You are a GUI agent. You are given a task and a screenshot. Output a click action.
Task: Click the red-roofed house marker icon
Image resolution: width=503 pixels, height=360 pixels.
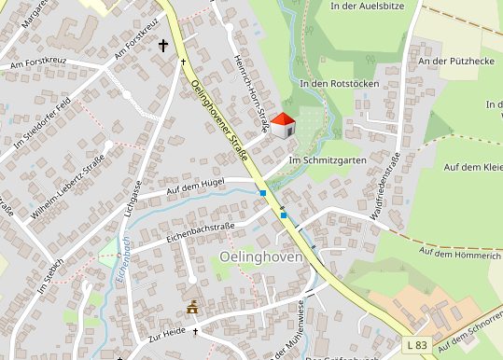(x=283, y=127)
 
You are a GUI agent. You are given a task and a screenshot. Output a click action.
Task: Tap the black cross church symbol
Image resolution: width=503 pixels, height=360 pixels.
(x=164, y=45)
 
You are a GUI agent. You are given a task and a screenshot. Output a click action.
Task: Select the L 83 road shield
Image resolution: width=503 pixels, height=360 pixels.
(x=417, y=345)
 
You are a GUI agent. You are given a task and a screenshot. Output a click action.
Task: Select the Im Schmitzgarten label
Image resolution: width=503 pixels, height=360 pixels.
(x=326, y=159)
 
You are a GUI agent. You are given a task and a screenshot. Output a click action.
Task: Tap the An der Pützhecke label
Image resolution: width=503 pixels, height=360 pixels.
(x=454, y=62)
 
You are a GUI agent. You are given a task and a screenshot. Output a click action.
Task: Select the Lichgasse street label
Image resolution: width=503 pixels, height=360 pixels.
(x=130, y=200)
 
